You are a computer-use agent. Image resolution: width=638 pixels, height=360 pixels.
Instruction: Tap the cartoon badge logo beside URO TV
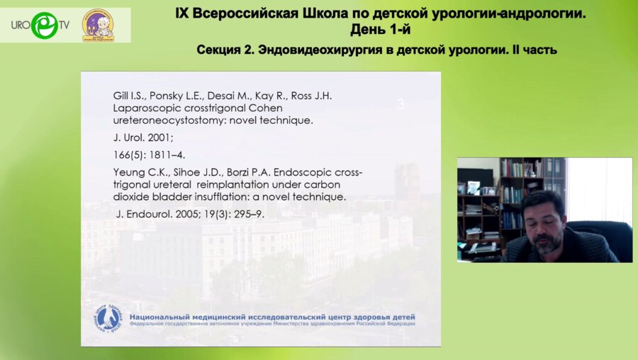click(97, 25)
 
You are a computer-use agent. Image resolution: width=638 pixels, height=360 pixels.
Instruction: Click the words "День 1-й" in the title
click(380, 29)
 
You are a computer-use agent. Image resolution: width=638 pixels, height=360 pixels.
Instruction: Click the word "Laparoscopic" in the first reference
click(144, 108)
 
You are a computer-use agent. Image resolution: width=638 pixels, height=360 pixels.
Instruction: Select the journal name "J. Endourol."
click(140, 213)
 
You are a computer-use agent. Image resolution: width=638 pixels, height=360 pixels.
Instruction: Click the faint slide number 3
click(401, 105)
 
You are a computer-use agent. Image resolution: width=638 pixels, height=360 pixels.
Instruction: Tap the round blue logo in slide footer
click(108, 320)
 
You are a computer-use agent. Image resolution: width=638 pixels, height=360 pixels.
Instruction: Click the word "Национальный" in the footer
click(162, 316)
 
